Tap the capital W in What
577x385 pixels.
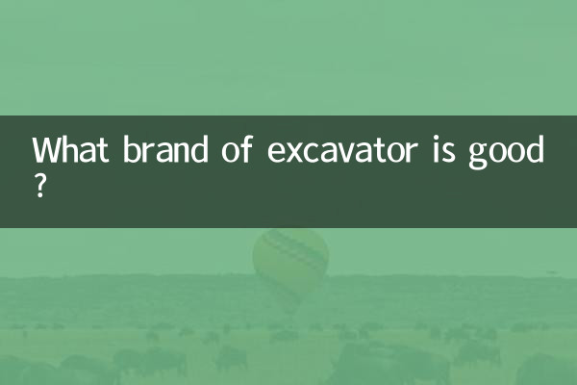point(46,152)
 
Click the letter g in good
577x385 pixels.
point(478,157)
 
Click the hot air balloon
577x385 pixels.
point(290,260)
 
